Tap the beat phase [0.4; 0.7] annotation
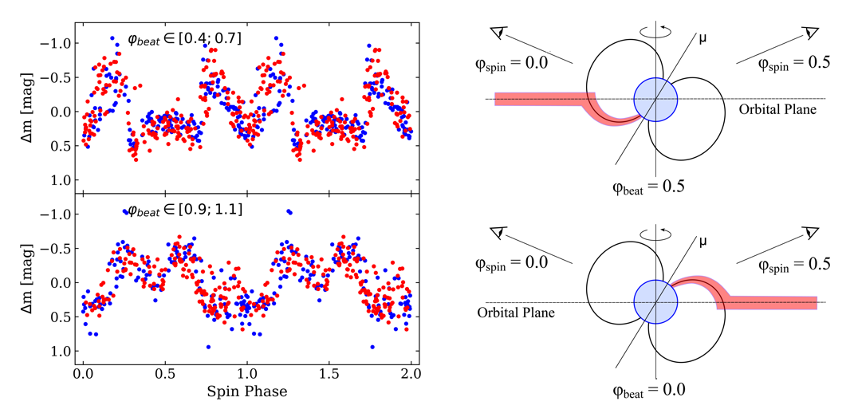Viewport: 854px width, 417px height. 185,37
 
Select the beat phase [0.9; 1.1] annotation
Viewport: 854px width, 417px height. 185,210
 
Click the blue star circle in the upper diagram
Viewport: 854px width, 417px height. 655,99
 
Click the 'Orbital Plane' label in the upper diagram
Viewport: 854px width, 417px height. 777,109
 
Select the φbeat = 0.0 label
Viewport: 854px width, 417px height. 648,390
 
